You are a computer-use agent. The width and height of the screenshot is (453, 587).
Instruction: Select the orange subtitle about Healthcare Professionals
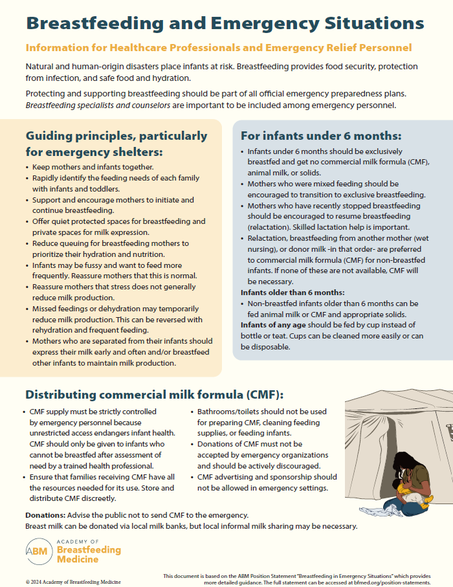218,49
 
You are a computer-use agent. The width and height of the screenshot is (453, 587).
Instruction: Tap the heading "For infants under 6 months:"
321,136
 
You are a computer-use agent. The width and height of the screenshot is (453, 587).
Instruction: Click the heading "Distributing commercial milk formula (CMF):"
154,395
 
